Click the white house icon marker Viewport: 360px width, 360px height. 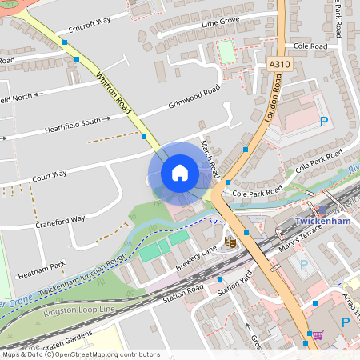pyautogui.click(x=180, y=172)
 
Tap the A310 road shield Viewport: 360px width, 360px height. pyautogui.click(x=280, y=65)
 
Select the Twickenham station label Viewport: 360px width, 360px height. pyautogui.click(x=324, y=221)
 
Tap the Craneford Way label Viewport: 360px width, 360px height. pyautogui.click(x=60, y=219)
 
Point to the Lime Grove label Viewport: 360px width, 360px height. pyautogui.click(x=221, y=24)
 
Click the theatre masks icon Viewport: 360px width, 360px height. pyautogui.click(x=231, y=241)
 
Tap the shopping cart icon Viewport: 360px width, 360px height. pyautogui.click(x=318, y=334)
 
